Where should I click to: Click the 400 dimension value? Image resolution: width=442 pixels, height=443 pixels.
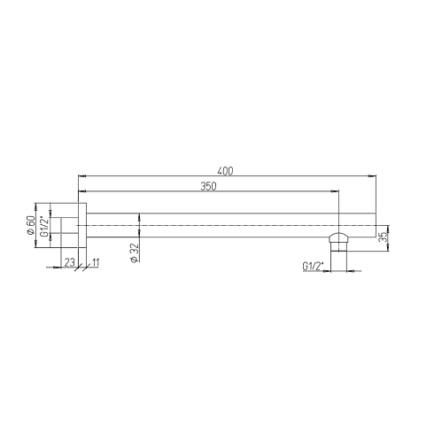pos(225,171)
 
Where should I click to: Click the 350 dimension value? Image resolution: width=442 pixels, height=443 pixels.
pos(208,186)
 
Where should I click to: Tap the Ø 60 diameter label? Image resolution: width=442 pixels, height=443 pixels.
pos(31,225)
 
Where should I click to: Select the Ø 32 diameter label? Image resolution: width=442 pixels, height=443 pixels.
pos(135,253)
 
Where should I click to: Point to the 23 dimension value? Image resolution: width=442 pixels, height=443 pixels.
pos(69,262)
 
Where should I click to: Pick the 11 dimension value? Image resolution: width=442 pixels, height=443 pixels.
pos(96,262)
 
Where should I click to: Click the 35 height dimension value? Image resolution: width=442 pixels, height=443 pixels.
pos(383,237)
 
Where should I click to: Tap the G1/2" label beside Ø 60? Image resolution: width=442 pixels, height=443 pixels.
pos(43,225)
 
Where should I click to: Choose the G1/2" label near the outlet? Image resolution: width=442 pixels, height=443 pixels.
pos(313,266)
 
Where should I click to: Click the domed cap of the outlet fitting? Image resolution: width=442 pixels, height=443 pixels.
pos(339,237)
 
